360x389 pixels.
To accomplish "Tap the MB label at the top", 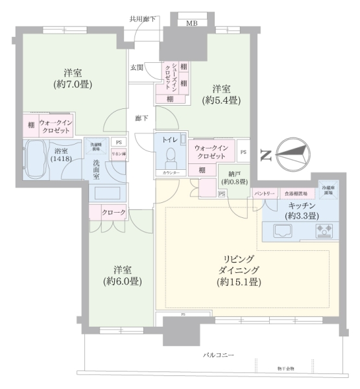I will [192, 23].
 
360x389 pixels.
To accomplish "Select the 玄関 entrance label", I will [136, 67].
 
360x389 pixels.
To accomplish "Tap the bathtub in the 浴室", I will [40, 158].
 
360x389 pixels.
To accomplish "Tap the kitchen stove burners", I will [323, 230].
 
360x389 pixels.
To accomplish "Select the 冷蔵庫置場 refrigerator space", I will [328, 189].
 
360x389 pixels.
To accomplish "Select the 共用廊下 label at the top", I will [143, 19].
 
